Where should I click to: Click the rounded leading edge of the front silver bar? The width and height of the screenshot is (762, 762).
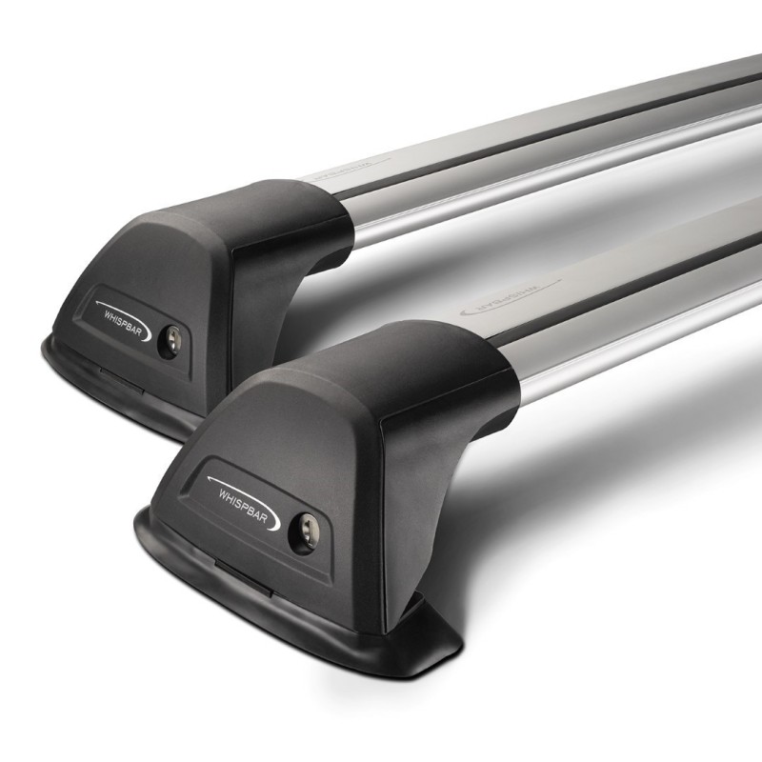click(571, 381)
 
